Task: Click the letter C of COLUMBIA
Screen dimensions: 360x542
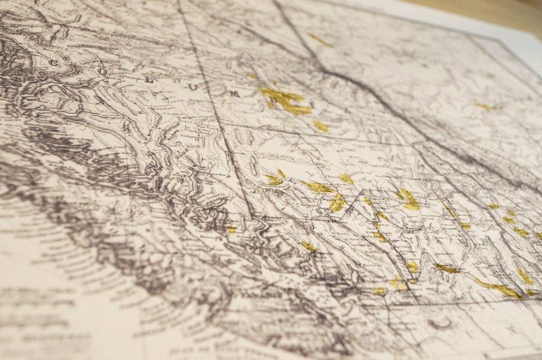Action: (x=53, y=63)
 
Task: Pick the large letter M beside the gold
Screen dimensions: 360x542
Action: (x=235, y=94)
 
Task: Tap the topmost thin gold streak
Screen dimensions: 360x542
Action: (x=320, y=40)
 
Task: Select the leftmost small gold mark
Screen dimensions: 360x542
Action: (x=231, y=230)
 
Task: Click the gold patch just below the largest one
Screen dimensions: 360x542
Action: (x=321, y=126)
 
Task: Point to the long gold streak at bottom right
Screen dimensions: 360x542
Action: (x=499, y=288)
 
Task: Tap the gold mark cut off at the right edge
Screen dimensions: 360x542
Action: (x=538, y=236)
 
